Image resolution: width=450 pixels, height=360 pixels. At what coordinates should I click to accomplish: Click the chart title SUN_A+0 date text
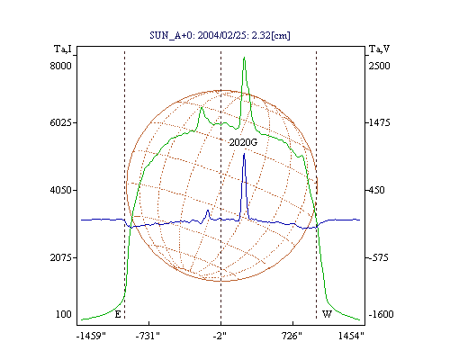pyautogui.click(x=220, y=35)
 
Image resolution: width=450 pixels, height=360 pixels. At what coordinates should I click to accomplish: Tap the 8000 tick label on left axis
pyautogui.click(x=60, y=66)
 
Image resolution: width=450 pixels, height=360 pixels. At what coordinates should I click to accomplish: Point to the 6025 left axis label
pyautogui.click(x=60, y=122)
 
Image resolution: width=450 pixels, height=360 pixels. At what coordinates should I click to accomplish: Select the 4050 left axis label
pyautogui.click(x=60, y=190)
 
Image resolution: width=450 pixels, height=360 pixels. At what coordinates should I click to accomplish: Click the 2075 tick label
pyautogui.click(x=60, y=257)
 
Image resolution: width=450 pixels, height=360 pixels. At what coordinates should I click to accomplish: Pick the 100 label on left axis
pyautogui.click(x=64, y=314)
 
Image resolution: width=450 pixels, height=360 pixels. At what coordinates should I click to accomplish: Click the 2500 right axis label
pyautogui.click(x=379, y=66)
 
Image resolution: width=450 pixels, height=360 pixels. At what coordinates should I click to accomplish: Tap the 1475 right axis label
pyautogui.click(x=379, y=122)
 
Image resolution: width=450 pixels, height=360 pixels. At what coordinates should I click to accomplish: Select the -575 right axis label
pyautogui.click(x=379, y=257)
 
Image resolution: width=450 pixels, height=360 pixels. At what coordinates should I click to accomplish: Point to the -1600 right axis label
pyautogui.click(x=381, y=314)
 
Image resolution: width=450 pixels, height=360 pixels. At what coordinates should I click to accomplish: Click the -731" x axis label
pyautogui.click(x=148, y=336)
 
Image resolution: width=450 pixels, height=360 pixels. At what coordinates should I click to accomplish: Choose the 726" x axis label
pyautogui.click(x=292, y=336)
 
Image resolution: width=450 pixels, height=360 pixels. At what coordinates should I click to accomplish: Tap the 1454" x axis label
pyautogui.click(x=351, y=336)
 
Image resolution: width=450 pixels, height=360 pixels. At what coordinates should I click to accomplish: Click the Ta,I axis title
pyautogui.click(x=63, y=49)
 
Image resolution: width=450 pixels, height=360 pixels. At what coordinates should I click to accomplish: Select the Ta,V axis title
pyautogui.click(x=379, y=49)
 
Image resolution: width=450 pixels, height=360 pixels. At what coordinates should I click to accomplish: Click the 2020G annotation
pyautogui.click(x=243, y=142)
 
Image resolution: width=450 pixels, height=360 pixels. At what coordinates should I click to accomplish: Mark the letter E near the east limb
pyautogui.click(x=118, y=314)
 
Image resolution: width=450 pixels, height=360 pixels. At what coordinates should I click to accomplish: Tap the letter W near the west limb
pyautogui.click(x=327, y=314)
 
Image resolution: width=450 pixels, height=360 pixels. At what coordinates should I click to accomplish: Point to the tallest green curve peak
pyautogui.click(x=244, y=57)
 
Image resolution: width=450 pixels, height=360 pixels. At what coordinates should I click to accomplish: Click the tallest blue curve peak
pyautogui.click(x=244, y=154)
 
